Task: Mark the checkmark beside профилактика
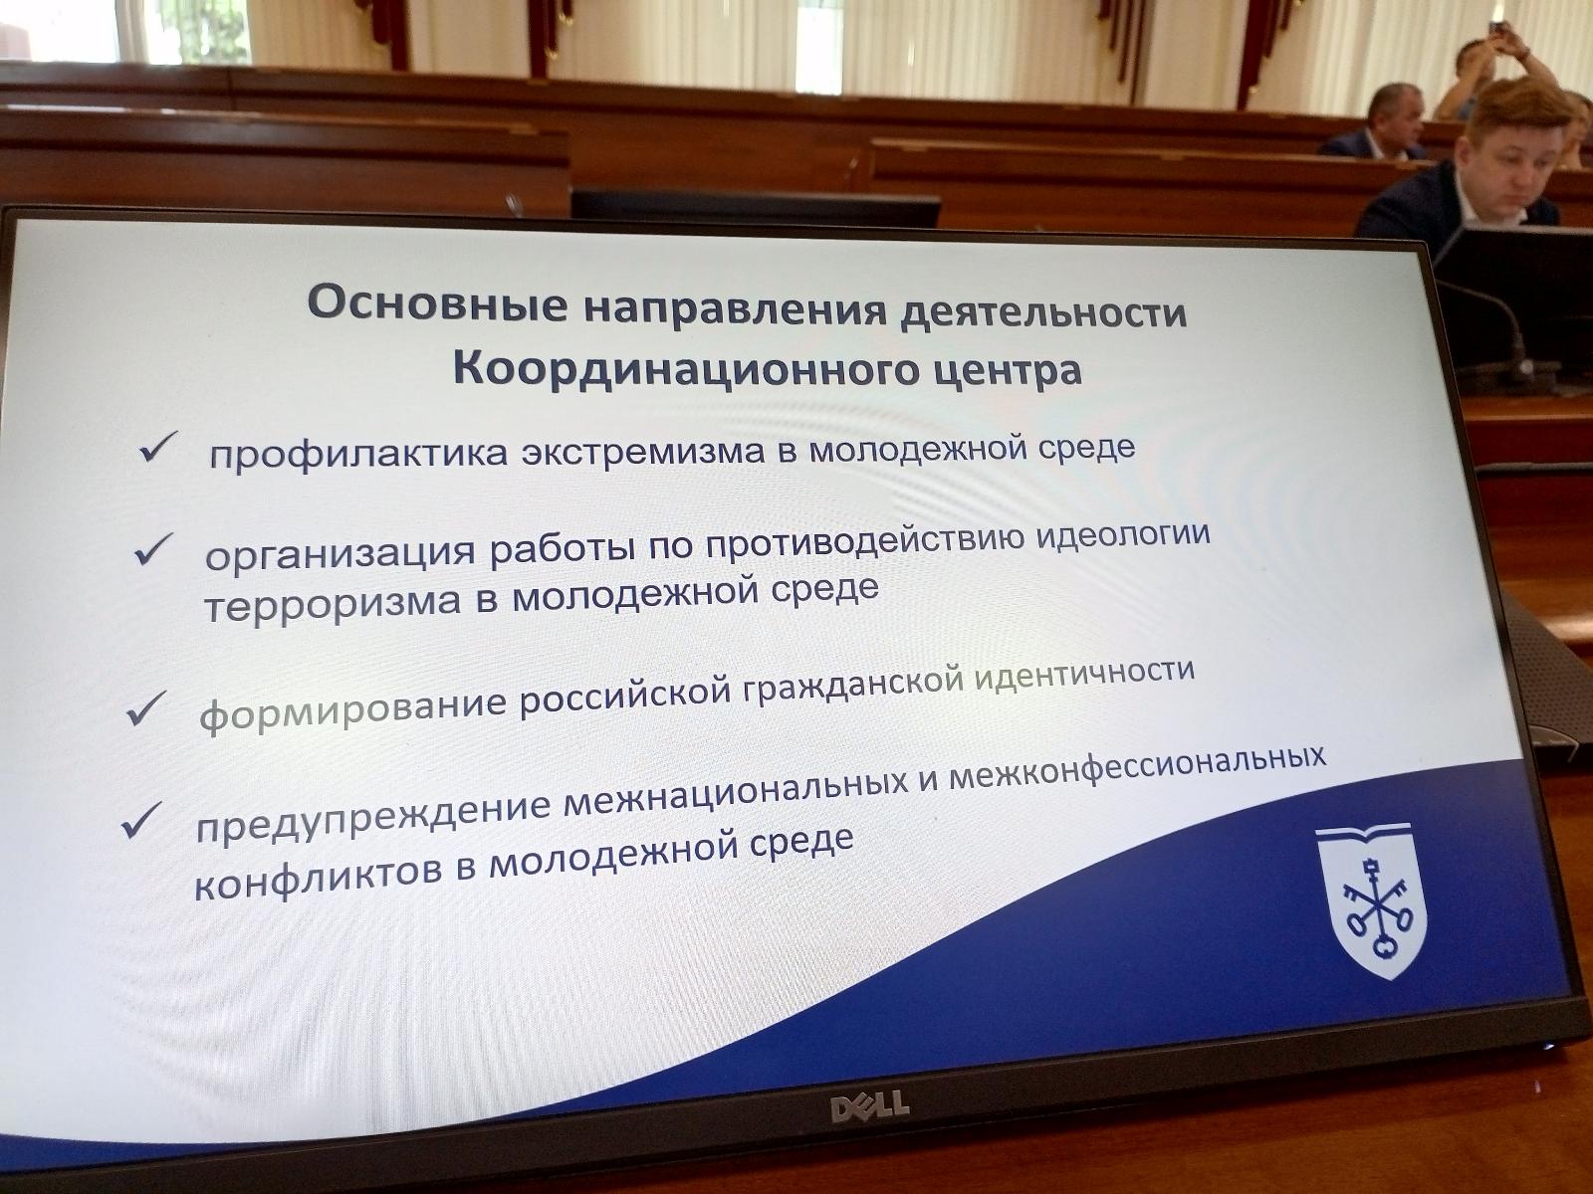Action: (x=157, y=447)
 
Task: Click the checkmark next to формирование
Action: (x=146, y=708)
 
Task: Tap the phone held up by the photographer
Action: (x=1495, y=29)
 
